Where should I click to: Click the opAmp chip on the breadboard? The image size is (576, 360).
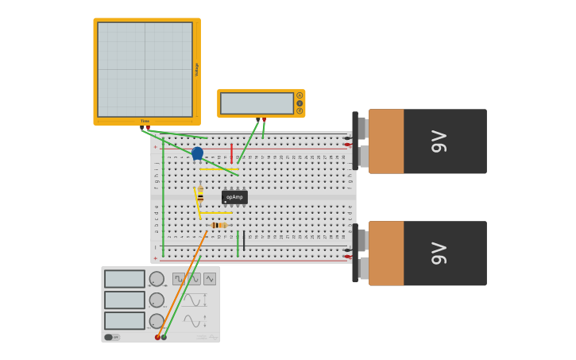click(234, 197)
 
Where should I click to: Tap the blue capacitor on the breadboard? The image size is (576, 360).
click(197, 153)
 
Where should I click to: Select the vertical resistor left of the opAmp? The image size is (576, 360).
click(200, 195)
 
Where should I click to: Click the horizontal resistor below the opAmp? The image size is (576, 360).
click(219, 225)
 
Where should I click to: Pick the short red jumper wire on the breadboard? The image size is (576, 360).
click(231, 153)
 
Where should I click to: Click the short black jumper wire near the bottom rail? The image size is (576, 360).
click(244, 242)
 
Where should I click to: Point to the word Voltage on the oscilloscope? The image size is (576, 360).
click(196, 70)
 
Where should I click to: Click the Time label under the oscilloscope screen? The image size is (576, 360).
click(145, 122)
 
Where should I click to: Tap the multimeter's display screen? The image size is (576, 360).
click(257, 103)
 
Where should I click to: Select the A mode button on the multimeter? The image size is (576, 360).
click(300, 95)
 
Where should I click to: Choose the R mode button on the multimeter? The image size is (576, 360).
click(300, 110)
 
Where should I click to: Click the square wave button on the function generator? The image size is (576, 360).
click(179, 279)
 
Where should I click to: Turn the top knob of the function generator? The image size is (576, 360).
click(157, 279)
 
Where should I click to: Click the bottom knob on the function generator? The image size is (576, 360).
click(157, 321)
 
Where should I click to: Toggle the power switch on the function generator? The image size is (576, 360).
click(111, 337)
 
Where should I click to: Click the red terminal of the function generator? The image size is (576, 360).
click(157, 337)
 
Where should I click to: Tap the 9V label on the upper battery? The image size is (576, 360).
click(439, 141)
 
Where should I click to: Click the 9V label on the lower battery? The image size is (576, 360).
click(439, 254)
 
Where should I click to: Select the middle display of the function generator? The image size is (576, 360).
click(125, 300)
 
